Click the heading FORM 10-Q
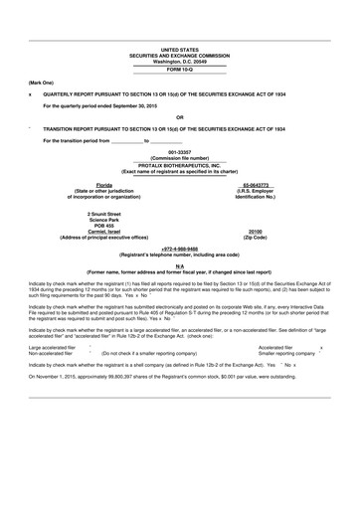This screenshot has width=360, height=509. (179, 70)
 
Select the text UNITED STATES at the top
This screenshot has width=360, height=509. (179, 48)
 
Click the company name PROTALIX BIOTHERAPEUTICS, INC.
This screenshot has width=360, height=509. (179, 167)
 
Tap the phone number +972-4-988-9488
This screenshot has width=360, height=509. (179, 250)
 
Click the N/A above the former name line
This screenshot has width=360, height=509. (179, 265)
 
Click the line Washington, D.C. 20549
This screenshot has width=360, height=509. (179, 60)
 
